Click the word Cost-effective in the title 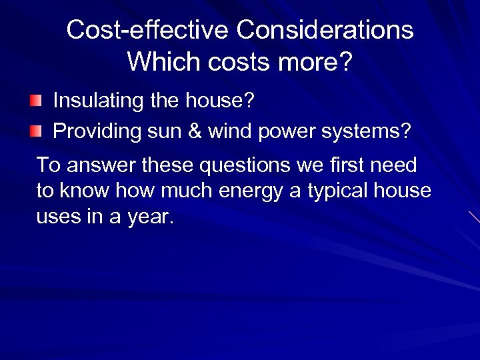click(x=147, y=30)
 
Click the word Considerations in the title click(x=325, y=30)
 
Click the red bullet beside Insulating click(x=35, y=101)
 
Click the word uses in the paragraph click(x=59, y=217)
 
